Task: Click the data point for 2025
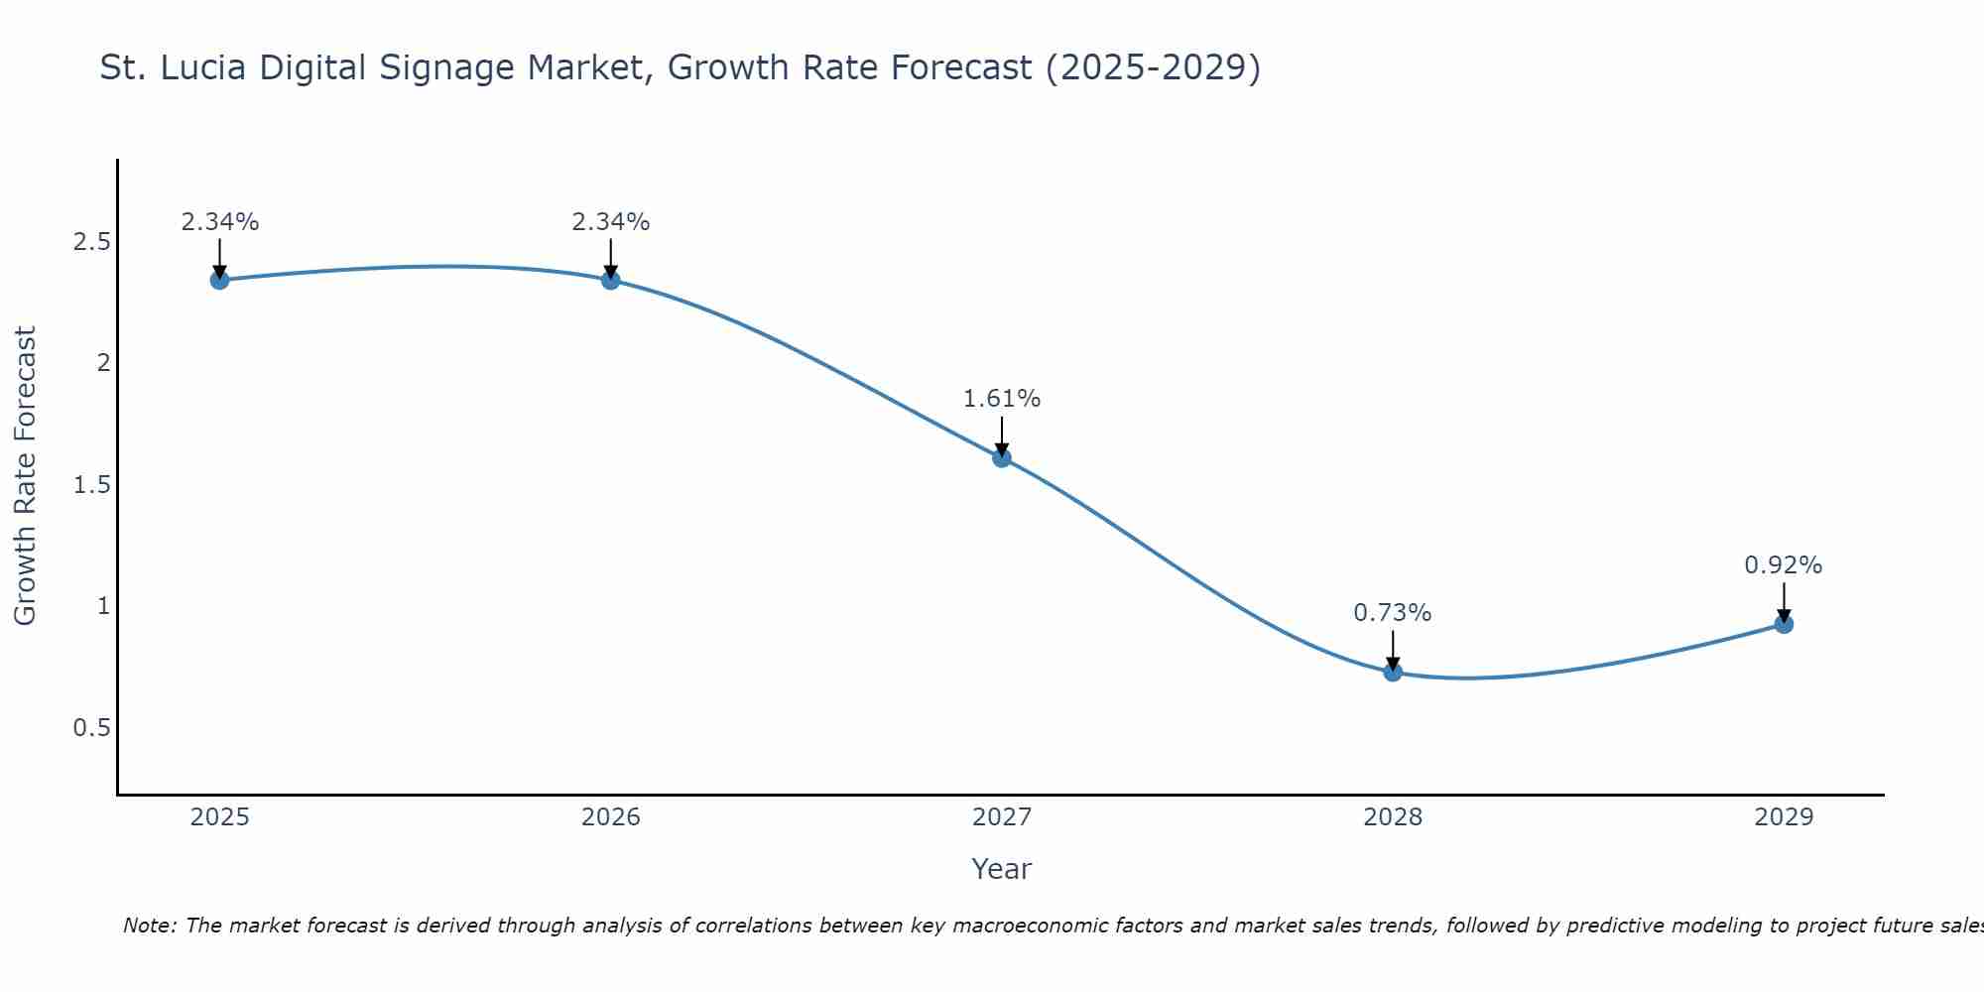click(x=219, y=280)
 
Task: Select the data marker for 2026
click(x=611, y=280)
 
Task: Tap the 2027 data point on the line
click(x=1002, y=457)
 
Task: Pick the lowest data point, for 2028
click(x=1393, y=672)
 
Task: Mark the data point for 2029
click(x=1784, y=624)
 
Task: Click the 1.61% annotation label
click(x=1002, y=399)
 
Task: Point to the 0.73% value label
click(x=1393, y=613)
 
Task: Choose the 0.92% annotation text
click(x=1784, y=565)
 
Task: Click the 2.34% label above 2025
click(x=219, y=222)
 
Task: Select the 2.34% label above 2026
click(x=611, y=222)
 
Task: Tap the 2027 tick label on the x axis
click(x=1002, y=817)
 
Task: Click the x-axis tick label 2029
click(x=1784, y=817)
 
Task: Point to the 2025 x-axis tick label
click(x=219, y=817)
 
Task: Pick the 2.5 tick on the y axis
click(x=91, y=242)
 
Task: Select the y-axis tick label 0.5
click(x=91, y=728)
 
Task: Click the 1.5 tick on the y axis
click(x=91, y=485)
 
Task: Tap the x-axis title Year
click(x=1002, y=869)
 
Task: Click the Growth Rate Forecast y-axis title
click(x=25, y=476)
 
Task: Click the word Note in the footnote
click(x=149, y=926)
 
